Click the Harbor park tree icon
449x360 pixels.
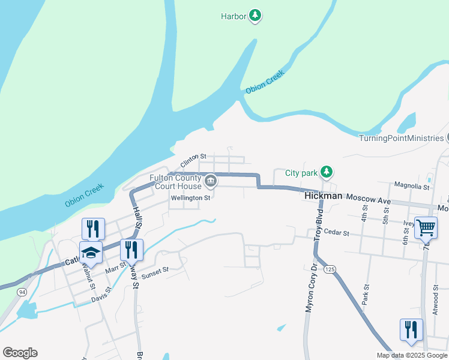255,16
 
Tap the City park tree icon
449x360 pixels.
326,173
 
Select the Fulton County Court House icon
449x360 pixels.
211,181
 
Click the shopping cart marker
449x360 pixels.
426,227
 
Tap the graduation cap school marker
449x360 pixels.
91,253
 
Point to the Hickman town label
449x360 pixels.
324,196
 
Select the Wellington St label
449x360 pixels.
190,197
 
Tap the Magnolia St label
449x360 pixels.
412,187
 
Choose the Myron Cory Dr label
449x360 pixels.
310,289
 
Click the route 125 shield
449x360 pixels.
329,271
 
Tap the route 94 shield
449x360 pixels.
22,292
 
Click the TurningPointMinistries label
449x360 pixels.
401,138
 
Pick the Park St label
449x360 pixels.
364,299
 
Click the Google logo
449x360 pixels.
20,353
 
